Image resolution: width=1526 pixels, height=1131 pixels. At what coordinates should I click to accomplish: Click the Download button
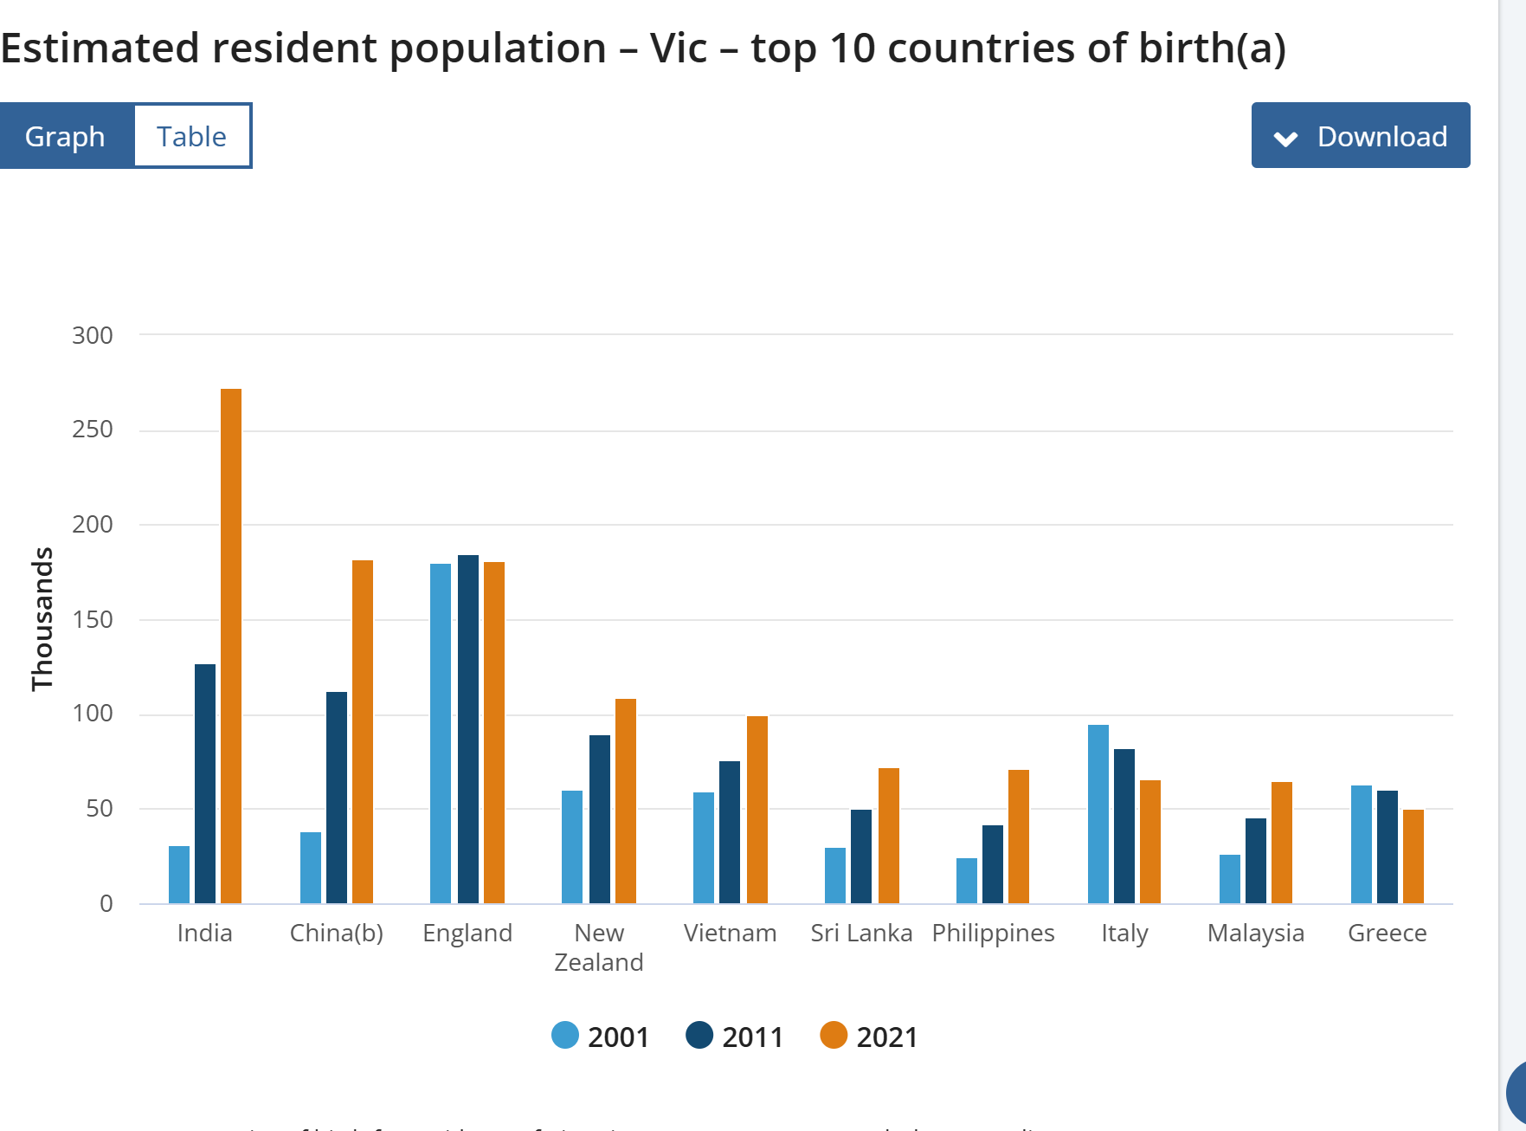pos(1360,136)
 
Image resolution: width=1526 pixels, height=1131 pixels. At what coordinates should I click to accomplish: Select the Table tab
pos(191,136)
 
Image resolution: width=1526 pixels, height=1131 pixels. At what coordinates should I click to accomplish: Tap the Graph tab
pos(66,136)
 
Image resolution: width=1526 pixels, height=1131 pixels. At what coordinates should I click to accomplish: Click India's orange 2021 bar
pos(231,645)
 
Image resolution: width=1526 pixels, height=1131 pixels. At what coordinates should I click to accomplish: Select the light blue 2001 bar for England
pos(441,733)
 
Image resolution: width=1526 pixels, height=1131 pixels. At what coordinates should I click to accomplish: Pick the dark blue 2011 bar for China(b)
pos(337,797)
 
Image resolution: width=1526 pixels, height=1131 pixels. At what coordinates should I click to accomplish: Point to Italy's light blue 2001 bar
pos(1098,813)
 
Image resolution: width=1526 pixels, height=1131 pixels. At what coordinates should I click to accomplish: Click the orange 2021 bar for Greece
pos(1413,856)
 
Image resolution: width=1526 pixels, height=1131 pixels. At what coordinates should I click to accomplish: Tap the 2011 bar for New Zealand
pos(600,818)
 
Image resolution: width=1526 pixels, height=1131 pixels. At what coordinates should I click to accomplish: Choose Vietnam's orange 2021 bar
pos(757,809)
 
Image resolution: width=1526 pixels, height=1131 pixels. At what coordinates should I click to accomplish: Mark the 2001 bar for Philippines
pos(967,880)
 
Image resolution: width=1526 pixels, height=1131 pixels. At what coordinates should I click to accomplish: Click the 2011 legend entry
pos(735,1037)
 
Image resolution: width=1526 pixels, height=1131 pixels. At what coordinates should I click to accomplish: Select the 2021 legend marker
pos(834,1036)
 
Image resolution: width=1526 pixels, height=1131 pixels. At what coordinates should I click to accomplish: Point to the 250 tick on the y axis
pos(93,430)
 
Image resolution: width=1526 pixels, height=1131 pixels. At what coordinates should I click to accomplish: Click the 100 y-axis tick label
pos(93,714)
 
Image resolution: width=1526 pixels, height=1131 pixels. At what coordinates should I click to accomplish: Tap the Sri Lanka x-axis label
pos(861,933)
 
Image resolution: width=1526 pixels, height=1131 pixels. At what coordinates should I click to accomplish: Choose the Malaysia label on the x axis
pos(1255,933)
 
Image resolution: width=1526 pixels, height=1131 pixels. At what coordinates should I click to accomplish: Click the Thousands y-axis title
pos(42,618)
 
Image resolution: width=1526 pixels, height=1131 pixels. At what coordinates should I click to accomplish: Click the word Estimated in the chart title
pos(100,48)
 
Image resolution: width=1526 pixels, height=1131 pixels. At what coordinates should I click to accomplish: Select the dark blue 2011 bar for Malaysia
pos(1256,860)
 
